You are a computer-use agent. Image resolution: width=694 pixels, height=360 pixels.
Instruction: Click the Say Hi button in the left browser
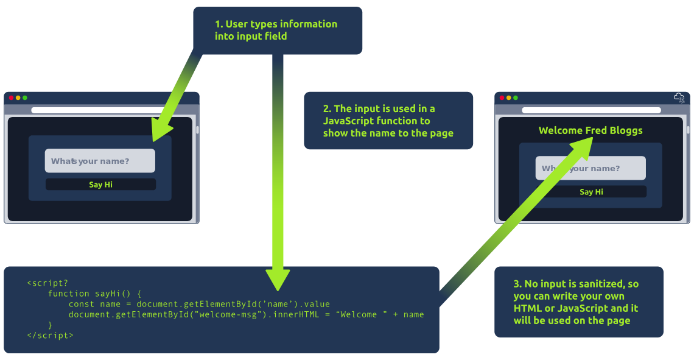click(x=100, y=185)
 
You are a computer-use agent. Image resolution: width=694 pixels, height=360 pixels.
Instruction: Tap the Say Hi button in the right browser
click(x=591, y=192)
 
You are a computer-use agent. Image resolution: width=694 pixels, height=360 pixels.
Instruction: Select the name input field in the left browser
click(x=100, y=161)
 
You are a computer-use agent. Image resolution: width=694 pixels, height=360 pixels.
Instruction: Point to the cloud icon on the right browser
click(x=679, y=97)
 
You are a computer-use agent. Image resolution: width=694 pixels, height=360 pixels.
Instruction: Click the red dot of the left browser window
click(x=11, y=97)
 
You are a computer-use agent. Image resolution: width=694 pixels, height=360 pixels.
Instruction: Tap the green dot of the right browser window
click(x=516, y=97)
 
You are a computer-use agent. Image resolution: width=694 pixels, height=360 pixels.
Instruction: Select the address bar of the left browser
click(x=97, y=110)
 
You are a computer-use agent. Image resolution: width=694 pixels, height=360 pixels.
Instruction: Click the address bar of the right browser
click(x=591, y=110)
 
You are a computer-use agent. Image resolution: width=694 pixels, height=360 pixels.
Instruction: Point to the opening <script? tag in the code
click(x=47, y=283)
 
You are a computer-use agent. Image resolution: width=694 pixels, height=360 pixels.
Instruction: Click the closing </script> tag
click(x=50, y=335)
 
